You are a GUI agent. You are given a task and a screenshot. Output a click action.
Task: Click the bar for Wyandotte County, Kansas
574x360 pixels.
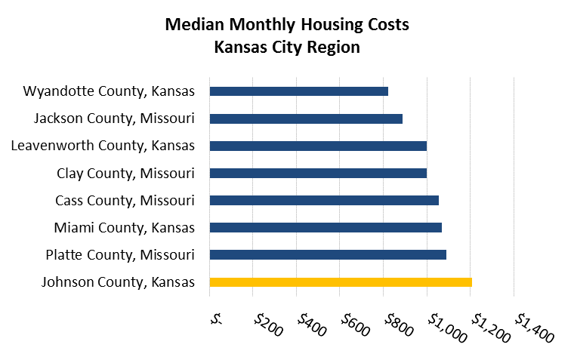[298, 91]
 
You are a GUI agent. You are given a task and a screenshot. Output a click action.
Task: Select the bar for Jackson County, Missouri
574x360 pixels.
[306, 118]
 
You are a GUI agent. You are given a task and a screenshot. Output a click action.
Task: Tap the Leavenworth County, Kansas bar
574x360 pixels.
[318, 146]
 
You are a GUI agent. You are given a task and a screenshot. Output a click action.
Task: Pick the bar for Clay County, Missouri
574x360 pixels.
[318, 173]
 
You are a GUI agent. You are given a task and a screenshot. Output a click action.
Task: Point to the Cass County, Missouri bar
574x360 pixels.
[324, 200]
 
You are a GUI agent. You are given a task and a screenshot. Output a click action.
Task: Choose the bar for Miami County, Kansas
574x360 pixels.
[326, 227]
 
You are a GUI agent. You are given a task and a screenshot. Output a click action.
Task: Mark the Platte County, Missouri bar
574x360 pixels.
[328, 254]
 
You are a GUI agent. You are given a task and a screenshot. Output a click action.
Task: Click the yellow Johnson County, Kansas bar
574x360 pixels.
[341, 282]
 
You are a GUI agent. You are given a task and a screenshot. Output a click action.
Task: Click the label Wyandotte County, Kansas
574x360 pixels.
[110, 91]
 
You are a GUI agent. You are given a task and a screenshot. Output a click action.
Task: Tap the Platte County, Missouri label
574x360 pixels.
[119, 254]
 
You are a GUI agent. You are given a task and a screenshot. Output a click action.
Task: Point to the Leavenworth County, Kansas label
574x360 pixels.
[103, 146]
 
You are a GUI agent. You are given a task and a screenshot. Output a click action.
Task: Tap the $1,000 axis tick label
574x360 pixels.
[441, 326]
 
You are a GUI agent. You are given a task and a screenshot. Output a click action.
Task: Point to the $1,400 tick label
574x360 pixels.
[529, 326]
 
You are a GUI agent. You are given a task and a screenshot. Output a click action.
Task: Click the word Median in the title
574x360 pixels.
[193, 25]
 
